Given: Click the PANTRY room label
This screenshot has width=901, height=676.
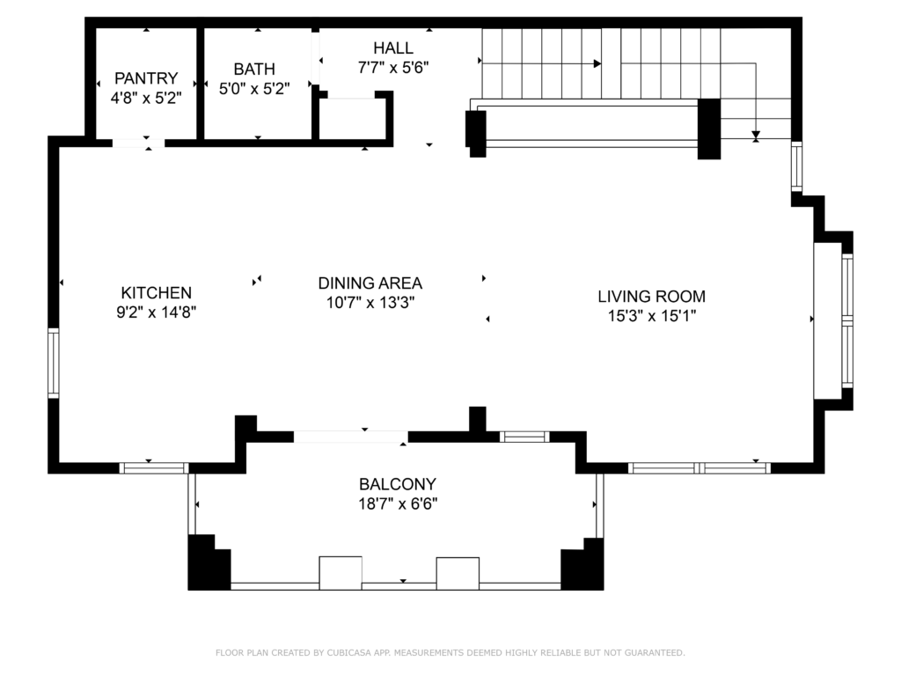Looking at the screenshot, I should tap(145, 78).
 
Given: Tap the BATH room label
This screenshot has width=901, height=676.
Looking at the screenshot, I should tap(254, 69).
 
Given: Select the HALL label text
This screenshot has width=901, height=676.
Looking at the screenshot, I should tap(392, 48).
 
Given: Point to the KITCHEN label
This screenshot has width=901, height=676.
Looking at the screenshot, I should tap(157, 292).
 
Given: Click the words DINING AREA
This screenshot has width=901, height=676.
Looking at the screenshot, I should tap(370, 283).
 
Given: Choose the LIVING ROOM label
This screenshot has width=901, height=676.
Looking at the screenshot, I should tap(651, 297).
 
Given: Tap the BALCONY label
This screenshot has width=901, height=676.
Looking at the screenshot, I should tap(398, 484).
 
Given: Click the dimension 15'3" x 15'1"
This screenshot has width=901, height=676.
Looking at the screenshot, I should tap(651, 317).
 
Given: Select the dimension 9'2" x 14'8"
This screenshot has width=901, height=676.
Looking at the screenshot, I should tap(157, 312).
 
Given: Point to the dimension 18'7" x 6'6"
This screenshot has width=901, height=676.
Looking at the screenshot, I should tap(398, 504).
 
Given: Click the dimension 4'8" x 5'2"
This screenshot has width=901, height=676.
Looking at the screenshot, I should tap(145, 98).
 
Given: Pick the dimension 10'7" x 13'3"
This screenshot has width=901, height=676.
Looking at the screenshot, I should tap(370, 302).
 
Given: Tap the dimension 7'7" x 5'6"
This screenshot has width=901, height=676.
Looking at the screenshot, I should tap(392, 66).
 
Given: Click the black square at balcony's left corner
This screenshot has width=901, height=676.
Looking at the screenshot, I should tap(208, 564).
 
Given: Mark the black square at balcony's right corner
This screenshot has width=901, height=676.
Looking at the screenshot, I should tap(583, 566).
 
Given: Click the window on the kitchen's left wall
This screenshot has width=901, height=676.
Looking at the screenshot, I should tap(54, 363).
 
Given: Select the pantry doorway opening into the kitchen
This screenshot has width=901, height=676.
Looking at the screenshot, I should tap(138, 142).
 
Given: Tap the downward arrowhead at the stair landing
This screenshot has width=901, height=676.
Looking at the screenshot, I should tap(756, 135).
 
